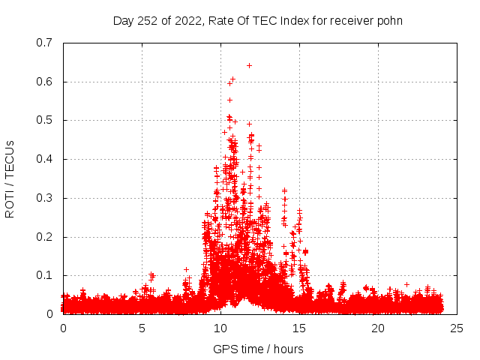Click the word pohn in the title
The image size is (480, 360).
point(390,20)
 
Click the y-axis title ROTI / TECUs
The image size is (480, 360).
point(10,178)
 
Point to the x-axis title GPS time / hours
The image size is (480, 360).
point(258,349)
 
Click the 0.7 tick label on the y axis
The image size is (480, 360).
point(44,43)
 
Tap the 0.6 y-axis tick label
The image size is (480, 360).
point(44,82)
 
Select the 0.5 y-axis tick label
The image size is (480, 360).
point(44,120)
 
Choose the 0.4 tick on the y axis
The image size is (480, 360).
point(44,159)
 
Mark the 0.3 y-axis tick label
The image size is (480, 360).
point(44,198)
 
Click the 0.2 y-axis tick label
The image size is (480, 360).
point(44,237)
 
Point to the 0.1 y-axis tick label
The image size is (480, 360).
point(44,275)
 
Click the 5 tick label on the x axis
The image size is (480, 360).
point(142,328)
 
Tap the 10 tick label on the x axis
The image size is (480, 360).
point(220,328)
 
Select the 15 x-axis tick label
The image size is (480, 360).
point(299,328)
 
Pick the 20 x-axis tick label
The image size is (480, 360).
point(378,328)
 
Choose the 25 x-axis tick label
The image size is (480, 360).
point(457,328)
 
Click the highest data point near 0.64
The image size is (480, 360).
point(249,65)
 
